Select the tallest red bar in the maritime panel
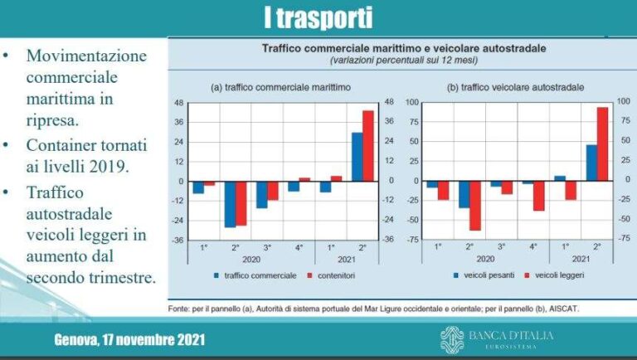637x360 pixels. click(368, 145)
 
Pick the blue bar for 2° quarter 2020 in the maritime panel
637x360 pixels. click(230, 203)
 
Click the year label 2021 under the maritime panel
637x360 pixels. click(347, 259)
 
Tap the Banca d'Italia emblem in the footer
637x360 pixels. click(452, 339)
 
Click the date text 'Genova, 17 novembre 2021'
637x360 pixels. click(129, 340)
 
